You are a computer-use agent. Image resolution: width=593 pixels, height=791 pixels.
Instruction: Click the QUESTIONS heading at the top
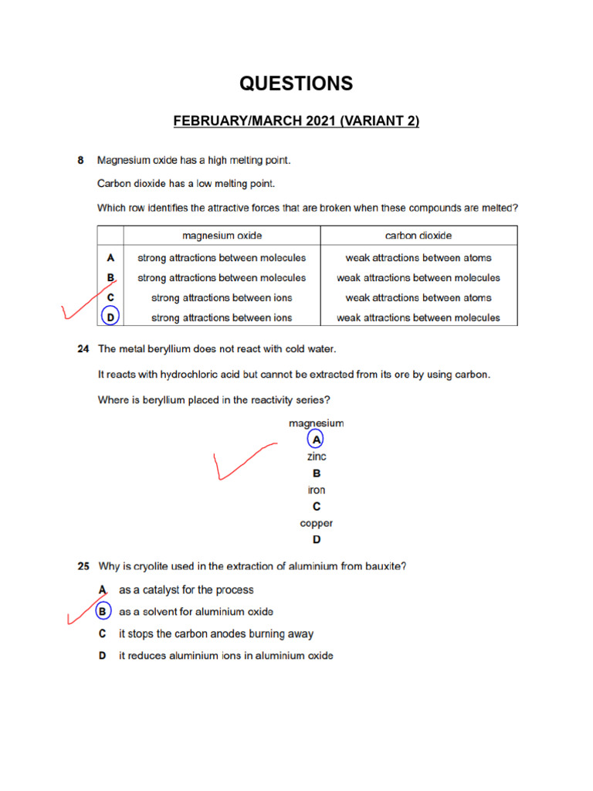[x=296, y=83]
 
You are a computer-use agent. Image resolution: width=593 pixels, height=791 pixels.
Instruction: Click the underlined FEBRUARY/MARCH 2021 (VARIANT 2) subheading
[x=296, y=121]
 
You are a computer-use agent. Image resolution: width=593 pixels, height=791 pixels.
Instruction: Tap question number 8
[x=80, y=161]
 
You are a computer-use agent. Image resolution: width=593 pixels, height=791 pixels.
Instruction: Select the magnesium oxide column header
[x=222, y=235]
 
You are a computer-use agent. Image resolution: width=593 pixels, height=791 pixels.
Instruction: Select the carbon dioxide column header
[x=418, y=235]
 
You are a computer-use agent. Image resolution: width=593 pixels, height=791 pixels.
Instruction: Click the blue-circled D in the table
[x=110, y=317]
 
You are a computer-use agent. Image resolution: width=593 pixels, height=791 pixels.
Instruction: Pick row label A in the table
[x=110, y=257]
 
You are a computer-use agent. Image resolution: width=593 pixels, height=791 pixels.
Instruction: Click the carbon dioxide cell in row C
[x=418, y=297]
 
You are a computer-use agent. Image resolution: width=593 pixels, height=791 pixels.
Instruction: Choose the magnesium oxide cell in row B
[x=222, y=277]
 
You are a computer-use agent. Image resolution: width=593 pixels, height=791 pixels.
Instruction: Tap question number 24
[x=83, y=349]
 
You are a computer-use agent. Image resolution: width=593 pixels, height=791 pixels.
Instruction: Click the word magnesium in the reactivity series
[x=317, y=423]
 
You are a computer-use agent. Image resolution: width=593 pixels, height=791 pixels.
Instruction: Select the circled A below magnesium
[x=316, y=440]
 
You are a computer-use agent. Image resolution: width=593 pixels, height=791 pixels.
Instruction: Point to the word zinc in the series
[x=317, y=457]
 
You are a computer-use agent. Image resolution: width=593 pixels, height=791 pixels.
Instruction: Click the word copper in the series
[x=317, y=523]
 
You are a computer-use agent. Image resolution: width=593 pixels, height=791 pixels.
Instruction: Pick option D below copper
[x=317, y=539]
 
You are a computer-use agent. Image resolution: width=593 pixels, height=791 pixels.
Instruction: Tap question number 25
[x=83, y=566]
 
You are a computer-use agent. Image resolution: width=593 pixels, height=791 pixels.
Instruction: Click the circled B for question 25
[x=103, y=612]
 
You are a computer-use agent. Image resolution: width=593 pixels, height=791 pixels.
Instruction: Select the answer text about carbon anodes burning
[x=216, y=633]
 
